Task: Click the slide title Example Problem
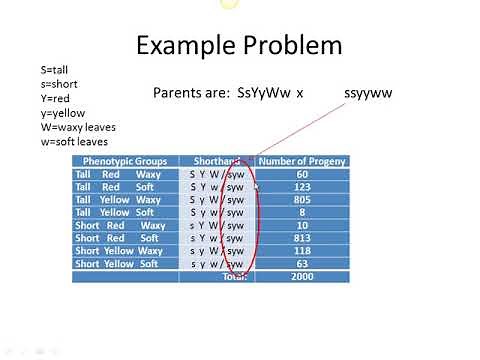pyautogui.click(x=238, y=45)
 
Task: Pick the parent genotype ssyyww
pyautogui.click(x=369, y=92)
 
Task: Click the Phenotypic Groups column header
pyautogui.click(x=126, y=161)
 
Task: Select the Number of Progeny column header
pyautogui.click(x=302, y=161)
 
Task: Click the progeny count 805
pyautogui.click(x=302, y=200)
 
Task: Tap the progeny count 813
pyautogui.click(x=302, y=239)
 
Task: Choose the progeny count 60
pyautogui.click(x=302, y=174)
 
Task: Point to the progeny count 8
pyautogui.click(x=302, y=213)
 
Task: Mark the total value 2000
pyautogui.click(x=302, y=277)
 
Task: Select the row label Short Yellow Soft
pyautogui.click(x=117, y=264)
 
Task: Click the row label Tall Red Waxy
pyautogui.click(x=118, y=174)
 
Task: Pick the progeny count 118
pyautogui.click(x=302, y=251)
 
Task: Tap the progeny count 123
pyautogui.click(x=302, y=187)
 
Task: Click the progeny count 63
pyautogui.click(x=302, y=264)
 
